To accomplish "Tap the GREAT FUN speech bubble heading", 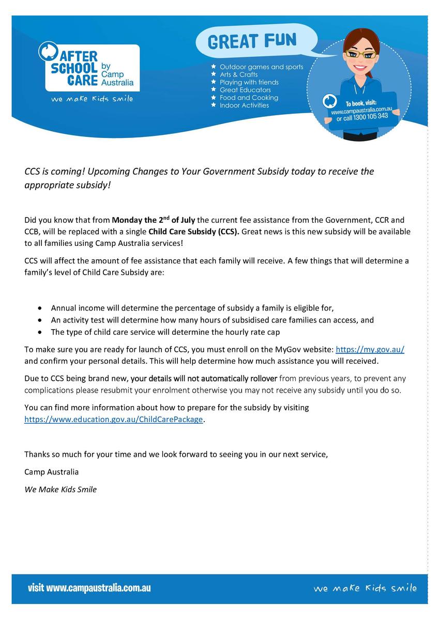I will (x=252, y=41).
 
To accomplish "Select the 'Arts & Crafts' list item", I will (x=238, y=74).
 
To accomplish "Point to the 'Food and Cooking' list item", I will (x=249, y=98).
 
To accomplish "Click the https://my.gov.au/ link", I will (x=370, y=350).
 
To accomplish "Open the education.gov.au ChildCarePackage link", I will (x=114, y=420).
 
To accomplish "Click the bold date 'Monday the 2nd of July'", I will (x=153, y=221).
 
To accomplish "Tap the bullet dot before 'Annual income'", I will (x=41, y=308).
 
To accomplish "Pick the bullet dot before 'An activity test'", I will (x=41, y=320).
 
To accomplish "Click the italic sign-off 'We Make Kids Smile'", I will (x=60, y=489).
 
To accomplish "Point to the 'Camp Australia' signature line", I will (x=52, y=472).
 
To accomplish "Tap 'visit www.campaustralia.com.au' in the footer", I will (x=89, y=588).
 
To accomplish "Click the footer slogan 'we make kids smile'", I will (x=365, y=588).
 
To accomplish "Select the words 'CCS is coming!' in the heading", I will (x=52, y=172).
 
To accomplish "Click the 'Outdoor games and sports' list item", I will (x=261, y=67).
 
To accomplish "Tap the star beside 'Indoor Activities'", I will (x=214, y=105).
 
